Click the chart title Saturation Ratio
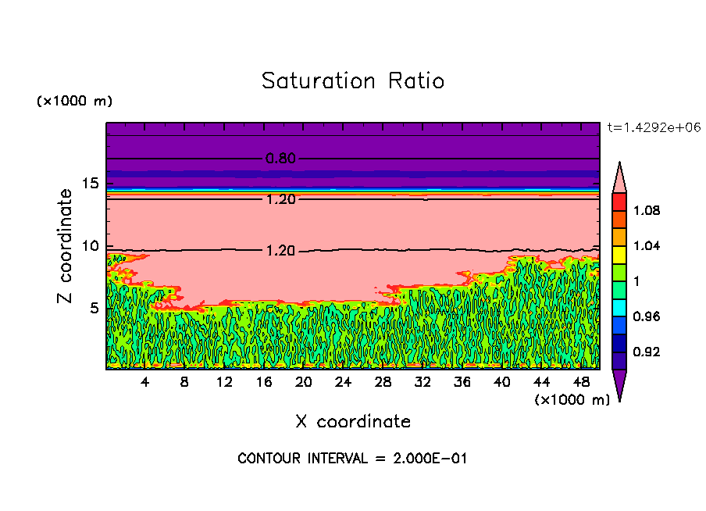(352, 81)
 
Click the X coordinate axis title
(352, 422)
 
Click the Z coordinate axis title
(65, 246)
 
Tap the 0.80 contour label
(280, 159)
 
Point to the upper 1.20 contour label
(280, 199)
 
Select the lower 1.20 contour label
(280, 252)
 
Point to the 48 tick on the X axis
(581, 382)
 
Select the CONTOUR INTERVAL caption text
(352, 459)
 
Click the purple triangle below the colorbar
(619, 385)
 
